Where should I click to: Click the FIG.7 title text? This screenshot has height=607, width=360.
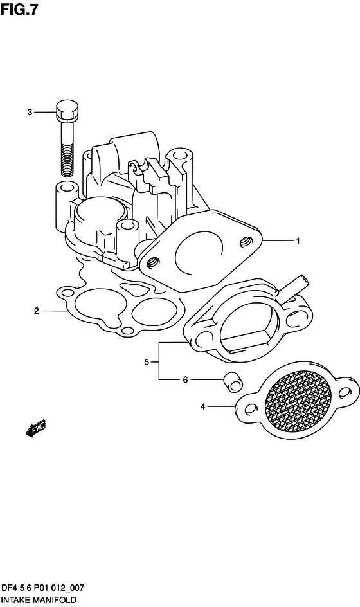point(19,9)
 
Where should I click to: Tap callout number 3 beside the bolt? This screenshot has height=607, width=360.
point(30,113)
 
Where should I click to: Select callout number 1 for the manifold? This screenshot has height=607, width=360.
point(298,240)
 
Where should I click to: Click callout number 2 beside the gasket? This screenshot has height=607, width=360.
point(37,311)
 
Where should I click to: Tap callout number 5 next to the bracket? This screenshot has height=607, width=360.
point(147,363)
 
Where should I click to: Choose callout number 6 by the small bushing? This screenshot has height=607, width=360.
point(185,380)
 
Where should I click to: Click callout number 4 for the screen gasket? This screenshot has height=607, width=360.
point(203,406)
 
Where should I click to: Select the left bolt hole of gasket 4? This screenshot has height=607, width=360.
point(251,409)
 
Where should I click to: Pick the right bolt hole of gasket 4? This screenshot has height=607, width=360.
point(344,393)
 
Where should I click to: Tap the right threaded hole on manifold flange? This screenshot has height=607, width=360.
point(246,242)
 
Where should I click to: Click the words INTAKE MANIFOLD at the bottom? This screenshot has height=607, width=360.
point(39,600)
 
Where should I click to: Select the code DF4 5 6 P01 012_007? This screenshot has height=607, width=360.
point(42,588)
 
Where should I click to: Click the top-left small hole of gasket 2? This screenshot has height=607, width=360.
point(67,291)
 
